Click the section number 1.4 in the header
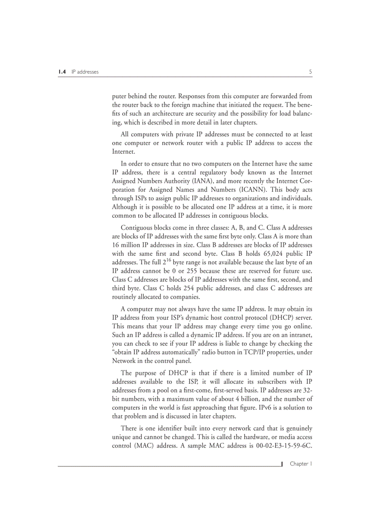[x=62, y=72]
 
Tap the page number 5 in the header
[x=310, y=72]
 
